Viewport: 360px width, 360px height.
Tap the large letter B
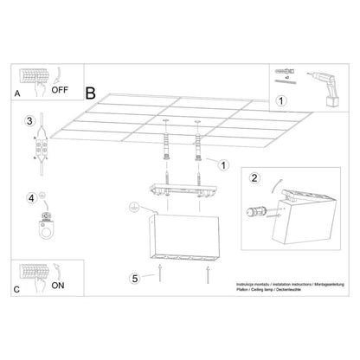point(91,89)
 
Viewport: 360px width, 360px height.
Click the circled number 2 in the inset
point(254,179)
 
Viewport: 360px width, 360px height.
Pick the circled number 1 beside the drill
point(280,100)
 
